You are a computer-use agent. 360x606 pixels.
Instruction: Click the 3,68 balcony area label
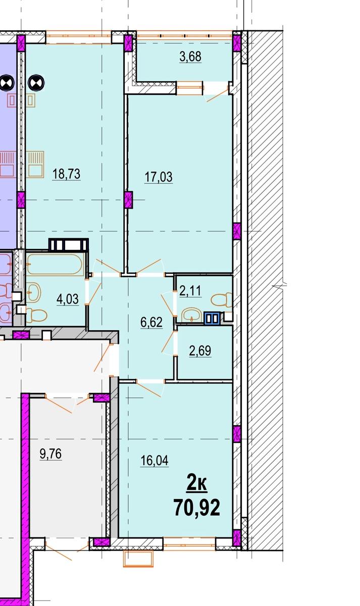190,57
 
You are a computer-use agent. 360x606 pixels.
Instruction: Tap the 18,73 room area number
66,174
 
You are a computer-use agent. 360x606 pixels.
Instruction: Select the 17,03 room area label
159,177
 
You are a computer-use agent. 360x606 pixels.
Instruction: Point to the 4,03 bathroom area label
68,299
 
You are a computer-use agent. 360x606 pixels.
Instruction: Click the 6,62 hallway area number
151,322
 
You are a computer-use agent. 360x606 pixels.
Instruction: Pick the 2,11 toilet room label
190,291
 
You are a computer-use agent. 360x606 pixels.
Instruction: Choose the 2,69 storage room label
200,351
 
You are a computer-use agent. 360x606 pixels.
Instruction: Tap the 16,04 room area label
155,461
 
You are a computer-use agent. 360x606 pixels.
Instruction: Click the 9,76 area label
50,453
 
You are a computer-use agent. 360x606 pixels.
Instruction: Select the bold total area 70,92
197,508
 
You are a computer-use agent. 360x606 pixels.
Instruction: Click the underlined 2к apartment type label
197,484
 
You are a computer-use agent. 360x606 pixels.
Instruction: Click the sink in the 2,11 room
191,315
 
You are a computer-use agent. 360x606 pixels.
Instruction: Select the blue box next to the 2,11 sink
212,318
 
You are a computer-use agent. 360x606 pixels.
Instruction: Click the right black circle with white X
36,83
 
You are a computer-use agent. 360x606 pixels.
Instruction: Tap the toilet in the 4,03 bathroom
36,315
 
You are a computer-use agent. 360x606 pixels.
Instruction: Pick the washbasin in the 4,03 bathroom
33,292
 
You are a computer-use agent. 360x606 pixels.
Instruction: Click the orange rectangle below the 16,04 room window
138,559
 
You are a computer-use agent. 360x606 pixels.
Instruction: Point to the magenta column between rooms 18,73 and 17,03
129,199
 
